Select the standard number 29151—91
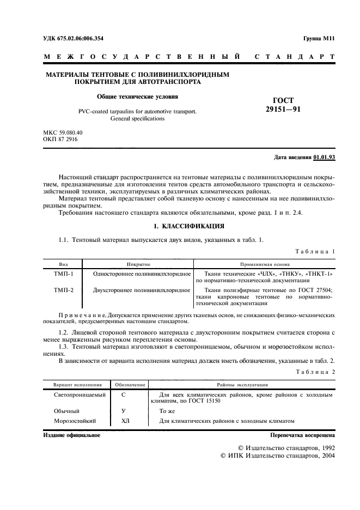tap(283, 109)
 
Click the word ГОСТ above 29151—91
tap(283, 100)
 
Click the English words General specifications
tap(137, 118)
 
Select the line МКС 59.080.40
tap(63, 132)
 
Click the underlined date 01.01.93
tap(325, 158)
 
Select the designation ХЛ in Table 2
tap(123, 421)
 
